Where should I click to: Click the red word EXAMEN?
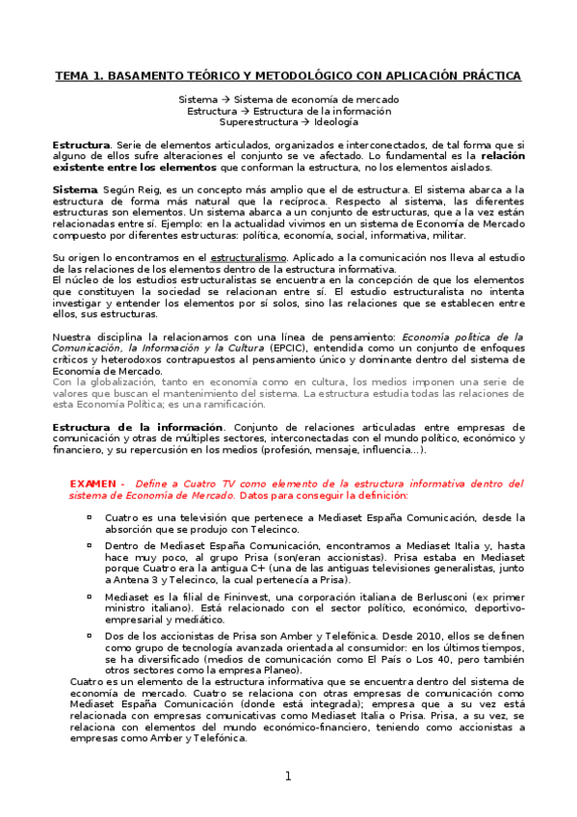(x=94, y=484)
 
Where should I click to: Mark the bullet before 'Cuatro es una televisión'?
(x=89, y=517)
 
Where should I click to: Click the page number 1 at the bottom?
(x=287, y=777)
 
